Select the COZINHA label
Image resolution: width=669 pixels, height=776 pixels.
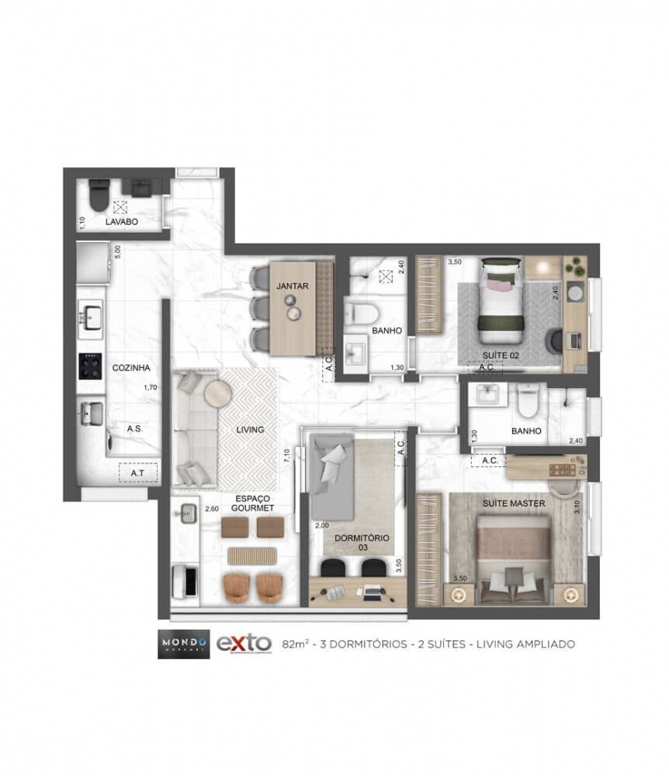(130, 368)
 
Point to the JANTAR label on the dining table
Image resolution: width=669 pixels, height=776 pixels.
(293, 286)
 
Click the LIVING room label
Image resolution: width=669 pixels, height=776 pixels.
(251, 429)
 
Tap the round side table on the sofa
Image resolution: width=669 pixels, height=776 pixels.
(217, 393)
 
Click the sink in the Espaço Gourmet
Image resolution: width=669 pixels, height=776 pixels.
(185, 512)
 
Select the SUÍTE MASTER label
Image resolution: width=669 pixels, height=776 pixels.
(514, 503)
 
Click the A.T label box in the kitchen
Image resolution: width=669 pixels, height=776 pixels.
(138, 471)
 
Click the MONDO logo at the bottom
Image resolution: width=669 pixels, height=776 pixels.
(183, 643)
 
